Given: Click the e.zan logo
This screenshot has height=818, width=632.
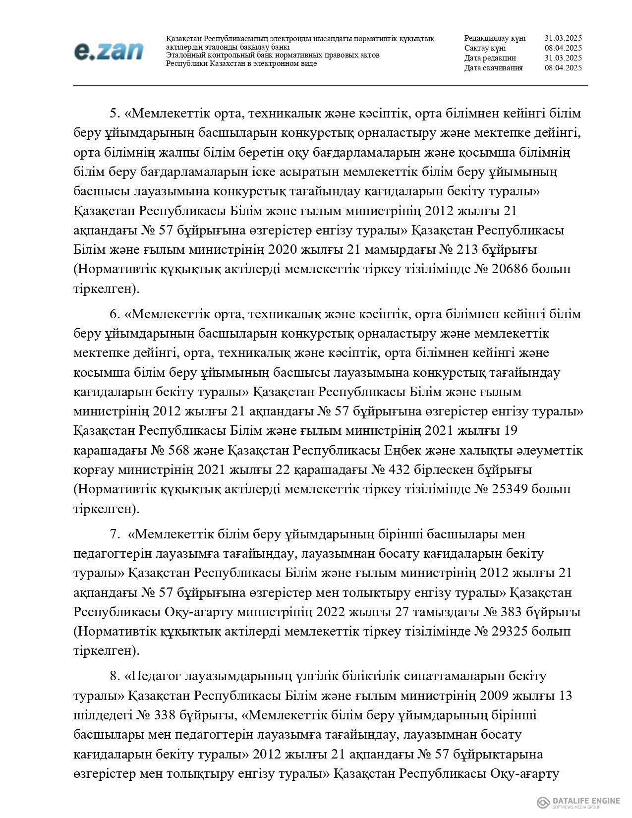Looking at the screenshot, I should tap(109, 51).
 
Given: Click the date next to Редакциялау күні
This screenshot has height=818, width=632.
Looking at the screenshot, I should tap(563, 38).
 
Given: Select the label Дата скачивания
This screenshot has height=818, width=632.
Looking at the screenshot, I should tap(493, 68).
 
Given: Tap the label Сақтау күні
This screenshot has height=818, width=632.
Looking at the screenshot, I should tap(485, 48).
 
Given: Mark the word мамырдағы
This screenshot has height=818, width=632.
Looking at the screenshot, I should tap(402, 250).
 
